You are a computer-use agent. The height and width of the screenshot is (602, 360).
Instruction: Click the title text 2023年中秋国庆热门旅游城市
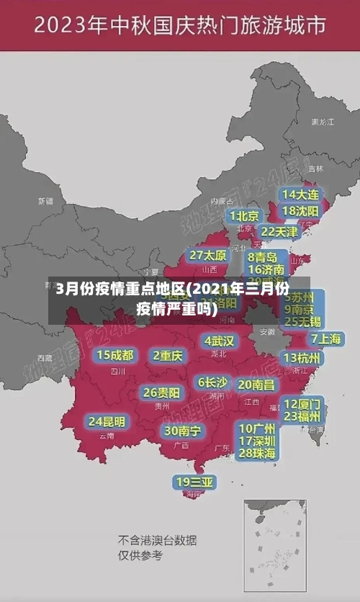(x=180, y=27)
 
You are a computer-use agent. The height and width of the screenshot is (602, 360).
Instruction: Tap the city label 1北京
(x=244, y=216)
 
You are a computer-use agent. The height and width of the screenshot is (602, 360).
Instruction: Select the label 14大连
(x=300, y=194)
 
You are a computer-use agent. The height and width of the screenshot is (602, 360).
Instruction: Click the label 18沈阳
(x=300, y=211)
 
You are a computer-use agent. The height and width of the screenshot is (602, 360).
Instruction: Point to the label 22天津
(x=279, y=232)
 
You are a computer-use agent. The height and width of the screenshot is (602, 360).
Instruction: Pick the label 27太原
(x=208, y=256)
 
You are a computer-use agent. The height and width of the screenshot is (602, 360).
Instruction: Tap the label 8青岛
(x=263, y=257)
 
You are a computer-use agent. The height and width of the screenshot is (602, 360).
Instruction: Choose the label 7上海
(x=325, y=338)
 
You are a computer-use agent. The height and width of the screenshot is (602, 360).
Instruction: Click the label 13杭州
(x=302, y=358)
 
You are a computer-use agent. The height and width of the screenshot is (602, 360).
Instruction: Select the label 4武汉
(x=219, y=341)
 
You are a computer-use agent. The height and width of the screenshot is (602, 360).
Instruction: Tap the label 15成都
(x=115, y=355)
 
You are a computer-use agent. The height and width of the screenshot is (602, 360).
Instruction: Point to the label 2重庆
(x=168, y=355)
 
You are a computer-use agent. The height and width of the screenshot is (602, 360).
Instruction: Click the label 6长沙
(x=212, y=382)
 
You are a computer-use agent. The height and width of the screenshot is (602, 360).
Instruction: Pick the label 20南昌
(x=256, y=385)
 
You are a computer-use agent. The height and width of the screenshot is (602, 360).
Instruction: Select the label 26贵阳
(x=161, y=392)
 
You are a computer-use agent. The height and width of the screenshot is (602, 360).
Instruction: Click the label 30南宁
(x=182, y=431)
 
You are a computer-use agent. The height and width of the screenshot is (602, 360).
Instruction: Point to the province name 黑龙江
(x=322, y=122)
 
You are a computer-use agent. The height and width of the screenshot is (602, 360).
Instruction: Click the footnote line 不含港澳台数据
(x=157, y=540)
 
